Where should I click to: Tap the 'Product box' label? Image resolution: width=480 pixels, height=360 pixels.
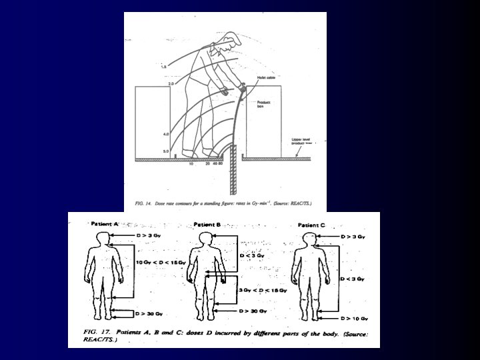pyautogui.click(x=265, y=105)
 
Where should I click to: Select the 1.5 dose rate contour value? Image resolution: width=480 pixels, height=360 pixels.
pyautogui.click(x=161, y=67)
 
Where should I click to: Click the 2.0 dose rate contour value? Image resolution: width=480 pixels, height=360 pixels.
pyautogui.click(x=171, y=84)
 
